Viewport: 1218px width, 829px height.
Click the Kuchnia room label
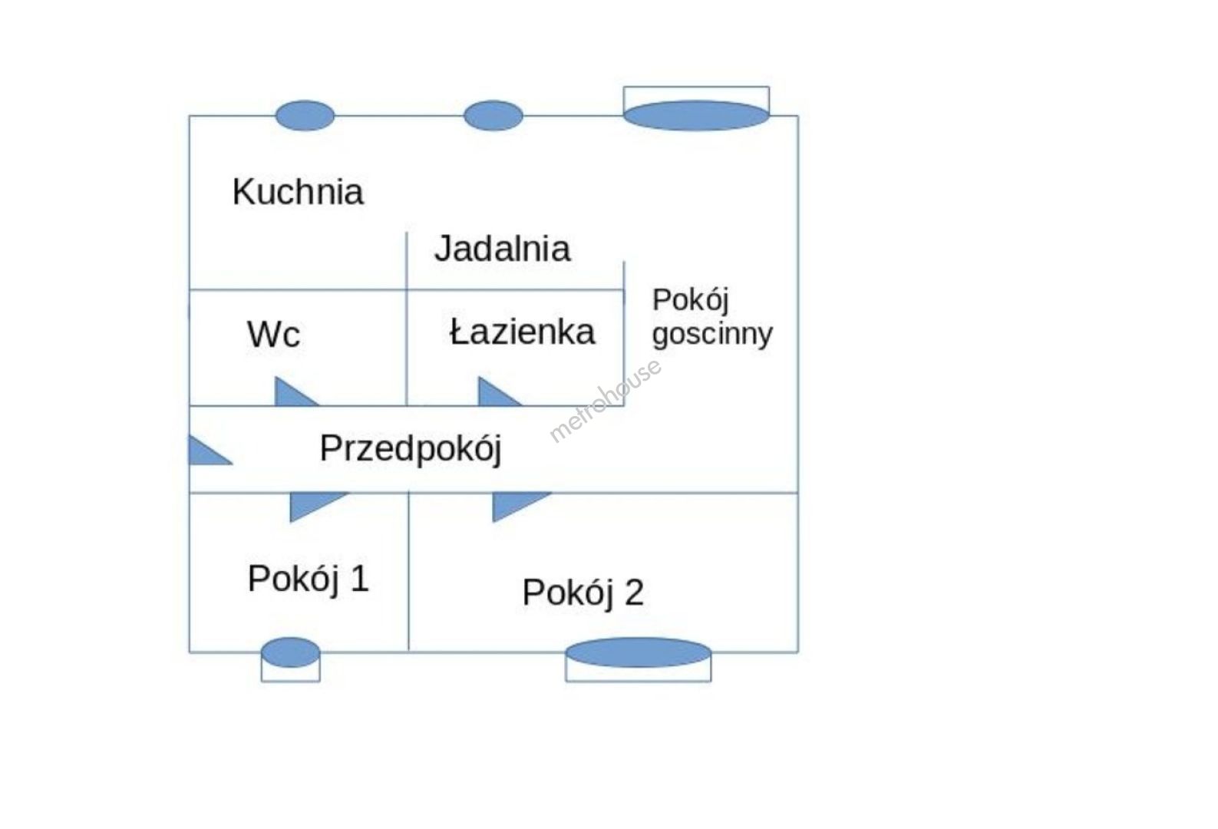[x=298, y=192]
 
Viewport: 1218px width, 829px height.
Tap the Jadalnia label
[x=502, y=249]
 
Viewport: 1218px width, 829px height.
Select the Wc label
[x=273, y=335]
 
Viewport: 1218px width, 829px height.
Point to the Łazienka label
[x=522, y=332]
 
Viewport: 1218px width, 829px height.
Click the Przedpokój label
[x=410, y=449]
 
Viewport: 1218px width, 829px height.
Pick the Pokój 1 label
[x=308, y=579]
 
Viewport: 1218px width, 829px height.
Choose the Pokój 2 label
[x=583, y=593]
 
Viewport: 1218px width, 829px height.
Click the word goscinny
[x=711, y=335]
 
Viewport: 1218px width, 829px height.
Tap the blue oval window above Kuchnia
[x=305, y=116]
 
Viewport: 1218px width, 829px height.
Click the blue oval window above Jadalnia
[x=493, y=116]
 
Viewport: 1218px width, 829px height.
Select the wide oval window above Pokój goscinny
[x=695, y=116]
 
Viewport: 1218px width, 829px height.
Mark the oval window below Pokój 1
[x=290, y=652]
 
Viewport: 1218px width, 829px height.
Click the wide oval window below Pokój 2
[x=638, y=652]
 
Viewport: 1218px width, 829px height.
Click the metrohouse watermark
[x=606, y=400]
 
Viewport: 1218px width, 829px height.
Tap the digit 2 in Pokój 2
[x=634, y=593]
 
